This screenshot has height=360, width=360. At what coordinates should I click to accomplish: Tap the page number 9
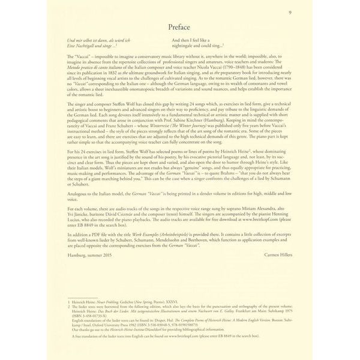click(306, 11)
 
